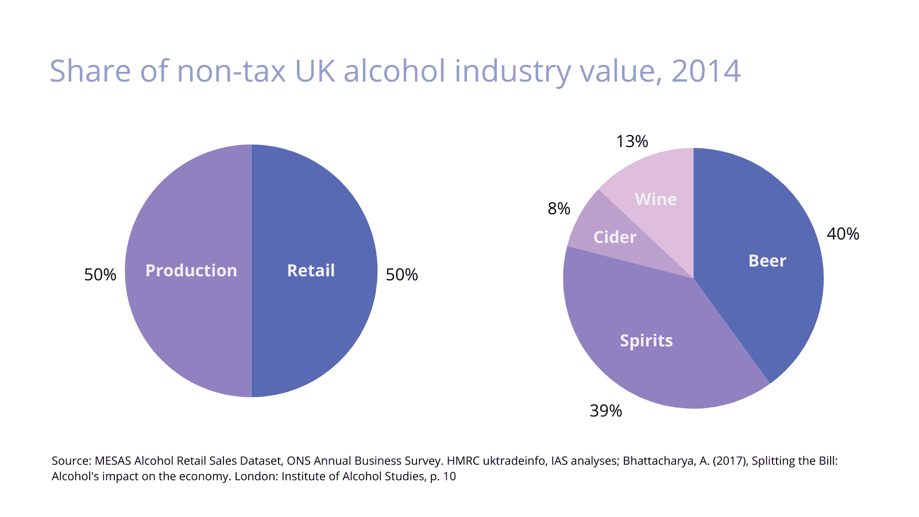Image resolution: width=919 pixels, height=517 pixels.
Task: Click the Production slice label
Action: click(191, 271)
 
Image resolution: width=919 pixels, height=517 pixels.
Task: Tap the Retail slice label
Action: click(311, 271)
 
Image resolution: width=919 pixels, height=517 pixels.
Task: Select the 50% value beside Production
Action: click(100, 275)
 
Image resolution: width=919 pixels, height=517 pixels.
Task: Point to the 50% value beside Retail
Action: click(401, 275)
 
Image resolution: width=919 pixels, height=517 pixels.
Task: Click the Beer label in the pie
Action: click(767, 261)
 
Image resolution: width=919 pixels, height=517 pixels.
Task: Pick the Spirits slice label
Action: click(646, 341)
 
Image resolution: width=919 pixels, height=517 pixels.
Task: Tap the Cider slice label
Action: click(615, 237)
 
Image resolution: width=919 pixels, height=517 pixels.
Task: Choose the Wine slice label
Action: click(655, 199)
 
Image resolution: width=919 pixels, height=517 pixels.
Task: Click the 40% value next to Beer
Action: click(843, 234)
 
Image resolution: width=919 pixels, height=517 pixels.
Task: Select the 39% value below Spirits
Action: click(606, 411)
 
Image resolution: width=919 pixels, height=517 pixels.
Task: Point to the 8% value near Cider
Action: click(559, 209)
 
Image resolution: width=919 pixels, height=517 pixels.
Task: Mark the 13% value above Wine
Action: click(632, 142)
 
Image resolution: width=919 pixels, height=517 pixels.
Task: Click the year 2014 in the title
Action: click(706, 71)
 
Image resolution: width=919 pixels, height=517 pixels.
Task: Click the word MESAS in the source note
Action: click(113, 461)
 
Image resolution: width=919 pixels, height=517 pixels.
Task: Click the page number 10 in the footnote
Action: click(450, 476)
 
